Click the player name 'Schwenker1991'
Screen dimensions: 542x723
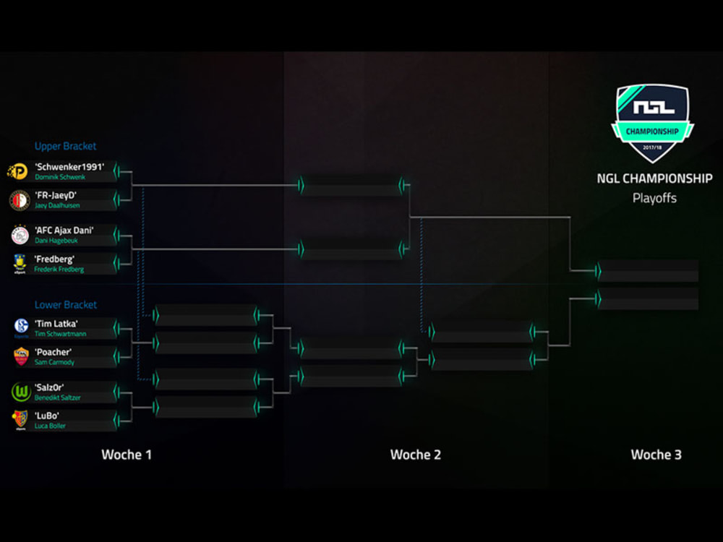[69, 166]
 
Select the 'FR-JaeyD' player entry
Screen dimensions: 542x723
[56, 195]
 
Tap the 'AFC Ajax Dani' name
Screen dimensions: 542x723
[64, 231]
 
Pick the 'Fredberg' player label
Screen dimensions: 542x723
[54, 259]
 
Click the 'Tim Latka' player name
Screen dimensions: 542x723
[56, 324]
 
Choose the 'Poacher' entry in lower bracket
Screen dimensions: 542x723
[53, 352]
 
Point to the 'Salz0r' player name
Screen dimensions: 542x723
[49, 387]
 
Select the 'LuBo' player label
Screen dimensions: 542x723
[47, 416]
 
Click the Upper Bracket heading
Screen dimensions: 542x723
[65, 146]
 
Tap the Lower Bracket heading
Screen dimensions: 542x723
[65, 305]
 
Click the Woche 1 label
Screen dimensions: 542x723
[127, 455]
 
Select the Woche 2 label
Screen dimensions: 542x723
[416, 455]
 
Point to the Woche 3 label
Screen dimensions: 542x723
[656, 455]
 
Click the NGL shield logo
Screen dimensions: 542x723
[652, 121]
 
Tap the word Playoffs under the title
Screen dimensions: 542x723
[654, 197]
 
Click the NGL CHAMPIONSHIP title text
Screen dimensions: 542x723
[654, 178]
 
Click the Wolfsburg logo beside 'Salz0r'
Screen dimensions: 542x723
[20, 392]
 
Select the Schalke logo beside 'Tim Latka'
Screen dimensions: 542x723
[20, 328]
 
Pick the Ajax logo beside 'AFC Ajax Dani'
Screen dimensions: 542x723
[20, 235]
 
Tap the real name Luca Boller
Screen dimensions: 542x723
[50, 426]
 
